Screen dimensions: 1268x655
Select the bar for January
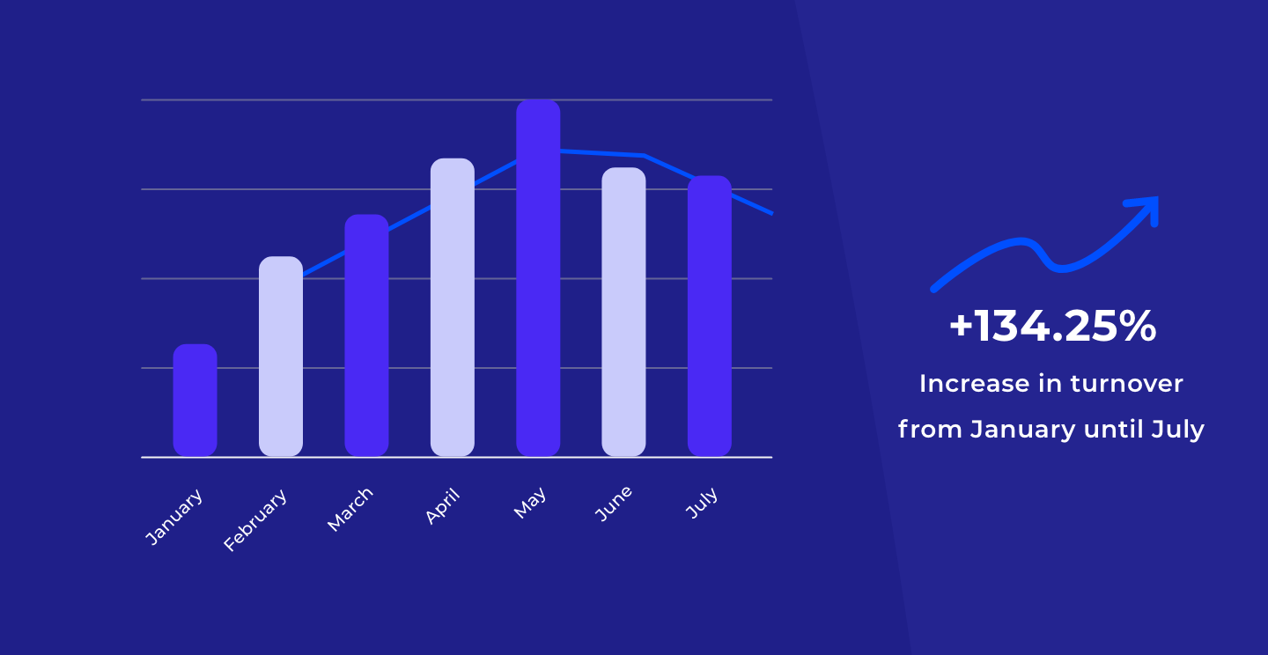tap(195, 401)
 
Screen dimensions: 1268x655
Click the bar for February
tap(281, 356)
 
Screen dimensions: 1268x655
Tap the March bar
tap(367, 335)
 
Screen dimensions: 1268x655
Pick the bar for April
tap(453, 307)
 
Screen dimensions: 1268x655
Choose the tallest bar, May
tap(538, 278)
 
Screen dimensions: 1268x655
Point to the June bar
tap(623, 312)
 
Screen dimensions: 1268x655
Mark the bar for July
tap(710, 316)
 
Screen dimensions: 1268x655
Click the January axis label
tap(173, 517)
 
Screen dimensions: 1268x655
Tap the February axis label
tap(255, 520)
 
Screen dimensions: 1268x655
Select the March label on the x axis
tap(350, 510)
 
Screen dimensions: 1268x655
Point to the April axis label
tap(443, 506)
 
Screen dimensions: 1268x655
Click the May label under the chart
tap(530, 503)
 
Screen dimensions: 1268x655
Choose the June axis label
tap(614, 504)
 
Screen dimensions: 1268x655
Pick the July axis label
tap(702, 503)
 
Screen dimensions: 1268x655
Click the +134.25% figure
tap(1052, 327)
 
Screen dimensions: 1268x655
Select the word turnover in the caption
tap(1126, 384)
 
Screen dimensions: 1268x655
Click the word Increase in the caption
tap(974, 384)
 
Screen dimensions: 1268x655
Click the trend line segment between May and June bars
tap(602, 153)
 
